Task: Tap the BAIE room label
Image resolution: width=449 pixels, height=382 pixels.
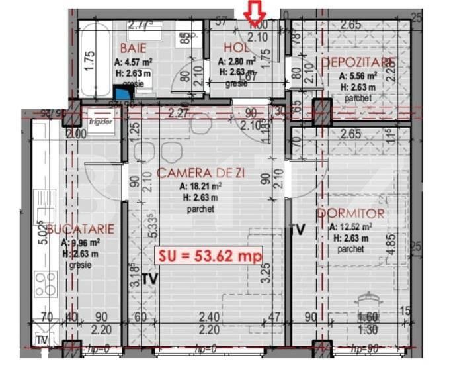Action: tap(132, 49)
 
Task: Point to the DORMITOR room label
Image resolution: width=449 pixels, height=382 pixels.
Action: tap(350, 213)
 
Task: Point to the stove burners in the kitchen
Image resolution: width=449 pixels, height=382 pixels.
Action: tap(46, 284)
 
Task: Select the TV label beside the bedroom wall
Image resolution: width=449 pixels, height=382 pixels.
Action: tap(298, 230)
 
